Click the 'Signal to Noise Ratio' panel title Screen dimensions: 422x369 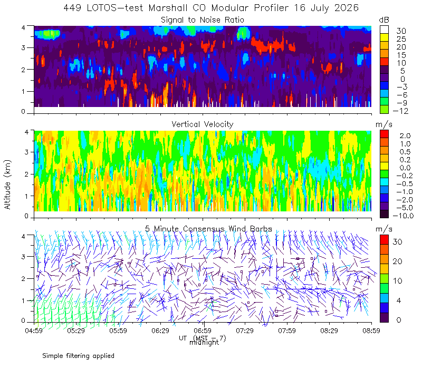[x=203, y=20]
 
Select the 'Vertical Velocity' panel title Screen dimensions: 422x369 [x=203, y=124]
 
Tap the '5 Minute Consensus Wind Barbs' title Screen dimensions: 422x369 [x=208, y=229]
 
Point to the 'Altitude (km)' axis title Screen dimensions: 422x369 [x=7, y=184]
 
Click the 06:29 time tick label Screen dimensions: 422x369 [x=160, y=331]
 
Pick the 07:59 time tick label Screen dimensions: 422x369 [x=287, y=331]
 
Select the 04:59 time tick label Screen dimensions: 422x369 [x=34, y=331]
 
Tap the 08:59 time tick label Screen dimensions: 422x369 [x=371, y=331]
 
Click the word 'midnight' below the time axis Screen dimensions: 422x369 [x=204, y=343]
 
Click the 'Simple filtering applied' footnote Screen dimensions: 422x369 [x=78, y=356]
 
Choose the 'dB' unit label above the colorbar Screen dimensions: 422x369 [x=384, y=20]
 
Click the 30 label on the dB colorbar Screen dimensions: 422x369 [x=401, y=31]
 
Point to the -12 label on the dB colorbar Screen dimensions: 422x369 [x=400, y=111]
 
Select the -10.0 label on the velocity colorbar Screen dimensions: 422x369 [x=403, y=216]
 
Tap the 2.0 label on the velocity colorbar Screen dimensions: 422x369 [x=405, y=136]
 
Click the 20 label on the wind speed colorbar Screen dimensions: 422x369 [x=398, y=261]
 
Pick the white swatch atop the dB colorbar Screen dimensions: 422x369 [x=385, y=30]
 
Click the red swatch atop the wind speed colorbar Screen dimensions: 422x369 [x=385, y=240]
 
